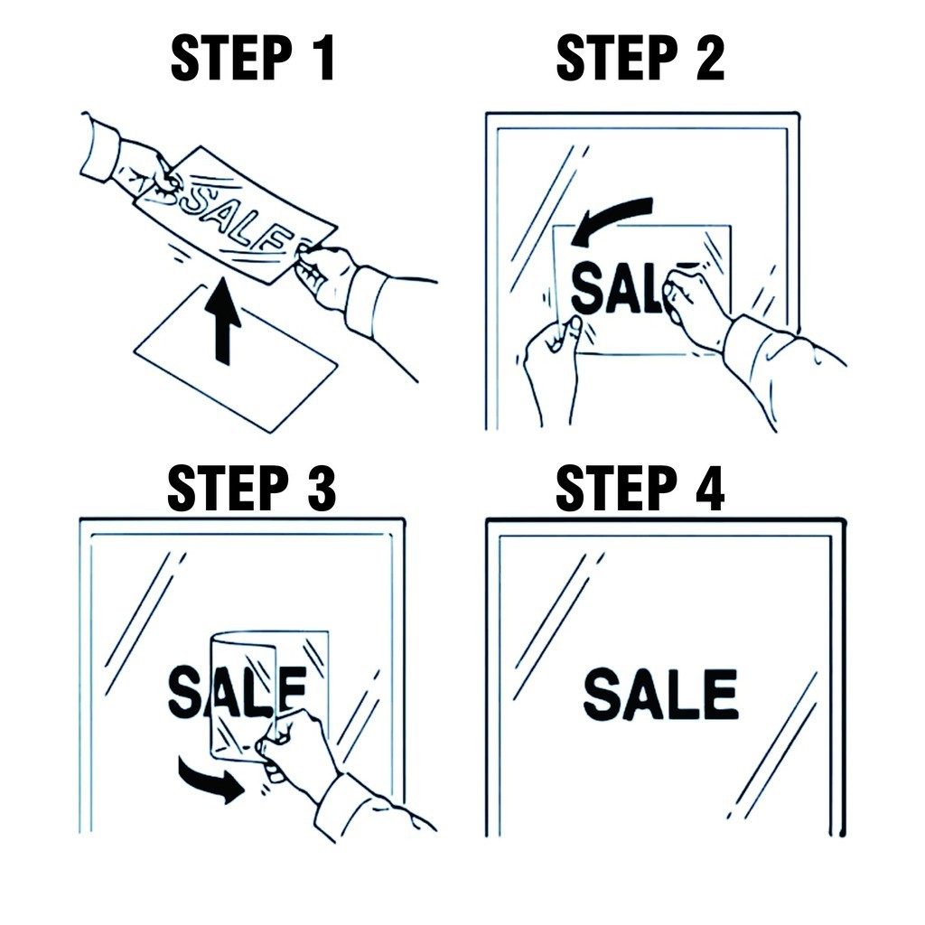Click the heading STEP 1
pos(253,57)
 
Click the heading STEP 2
pos(640,57)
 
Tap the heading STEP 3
pos(252,488)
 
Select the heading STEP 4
pos(640,488)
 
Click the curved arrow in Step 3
pos(210,780)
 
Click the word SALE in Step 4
pos(660,695)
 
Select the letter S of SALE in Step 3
pos(185,691)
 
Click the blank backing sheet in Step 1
pos(236,358)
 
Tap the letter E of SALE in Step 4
pos(722,695)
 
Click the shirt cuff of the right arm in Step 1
pos(369,301)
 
